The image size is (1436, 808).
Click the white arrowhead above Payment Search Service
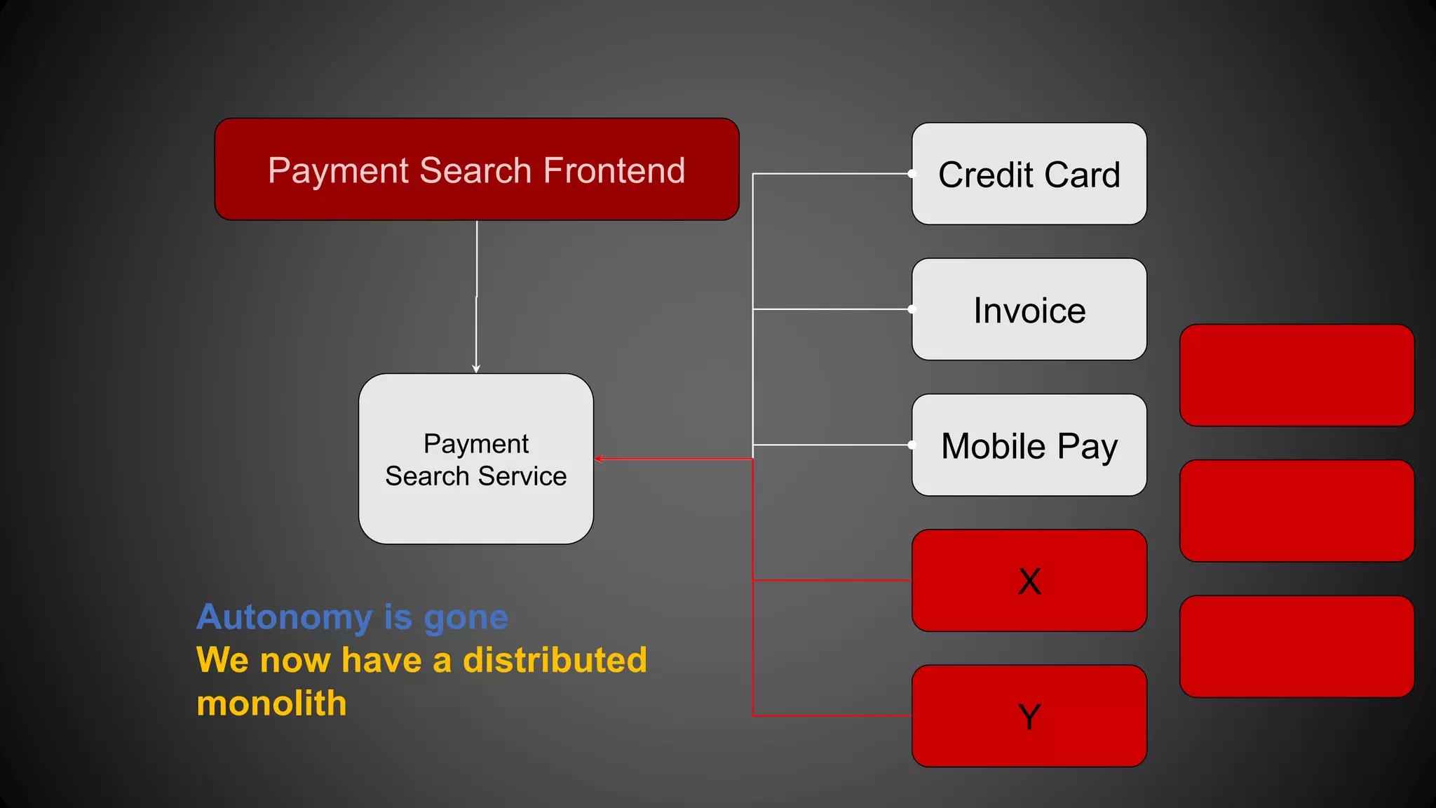click(x=476, y=368)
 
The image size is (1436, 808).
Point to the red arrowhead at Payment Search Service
click(x=599, y=459)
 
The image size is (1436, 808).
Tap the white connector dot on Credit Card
click(x=912, y=173)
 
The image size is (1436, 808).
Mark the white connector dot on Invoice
click(x=912, y=309)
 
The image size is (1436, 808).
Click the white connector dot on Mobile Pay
click(x=912, y=445)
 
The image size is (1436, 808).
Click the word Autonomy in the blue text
click(x=284, y=618)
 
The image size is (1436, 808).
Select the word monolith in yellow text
click(x=271, y=703)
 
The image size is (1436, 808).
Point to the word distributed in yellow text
click(x=555, y=660)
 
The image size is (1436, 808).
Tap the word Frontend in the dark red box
click(x=614, y=170)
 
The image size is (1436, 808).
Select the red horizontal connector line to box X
click(x=832, y=580)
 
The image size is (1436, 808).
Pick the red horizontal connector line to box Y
click(x=832, y=715)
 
